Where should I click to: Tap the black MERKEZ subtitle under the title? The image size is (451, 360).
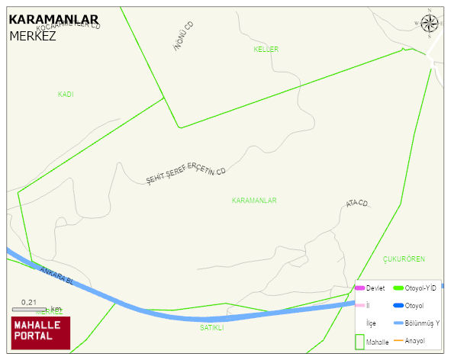[33, 35]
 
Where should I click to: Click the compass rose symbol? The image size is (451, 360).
[431, 24]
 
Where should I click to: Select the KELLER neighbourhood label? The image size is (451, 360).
[266, 50]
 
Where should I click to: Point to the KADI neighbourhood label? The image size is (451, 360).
[66, 95]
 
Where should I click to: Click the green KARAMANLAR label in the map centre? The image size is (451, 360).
[253, 201]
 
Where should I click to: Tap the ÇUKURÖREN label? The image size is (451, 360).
[404, 259]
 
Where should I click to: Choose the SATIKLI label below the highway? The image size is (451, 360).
[211, 328]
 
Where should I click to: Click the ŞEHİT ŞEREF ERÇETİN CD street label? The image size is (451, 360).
[187, 174]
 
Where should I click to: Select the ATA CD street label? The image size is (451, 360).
[357, 204]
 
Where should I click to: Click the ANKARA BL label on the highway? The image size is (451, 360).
[57, 276]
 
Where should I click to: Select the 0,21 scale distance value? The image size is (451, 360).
[29, 302]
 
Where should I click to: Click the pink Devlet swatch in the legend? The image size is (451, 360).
[359, 288]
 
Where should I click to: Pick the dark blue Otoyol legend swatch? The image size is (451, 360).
[398, 306]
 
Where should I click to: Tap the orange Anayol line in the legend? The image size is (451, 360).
[398, 340]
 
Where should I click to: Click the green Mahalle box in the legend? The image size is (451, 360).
[359, 342]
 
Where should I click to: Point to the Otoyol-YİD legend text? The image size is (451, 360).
[421, 288]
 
